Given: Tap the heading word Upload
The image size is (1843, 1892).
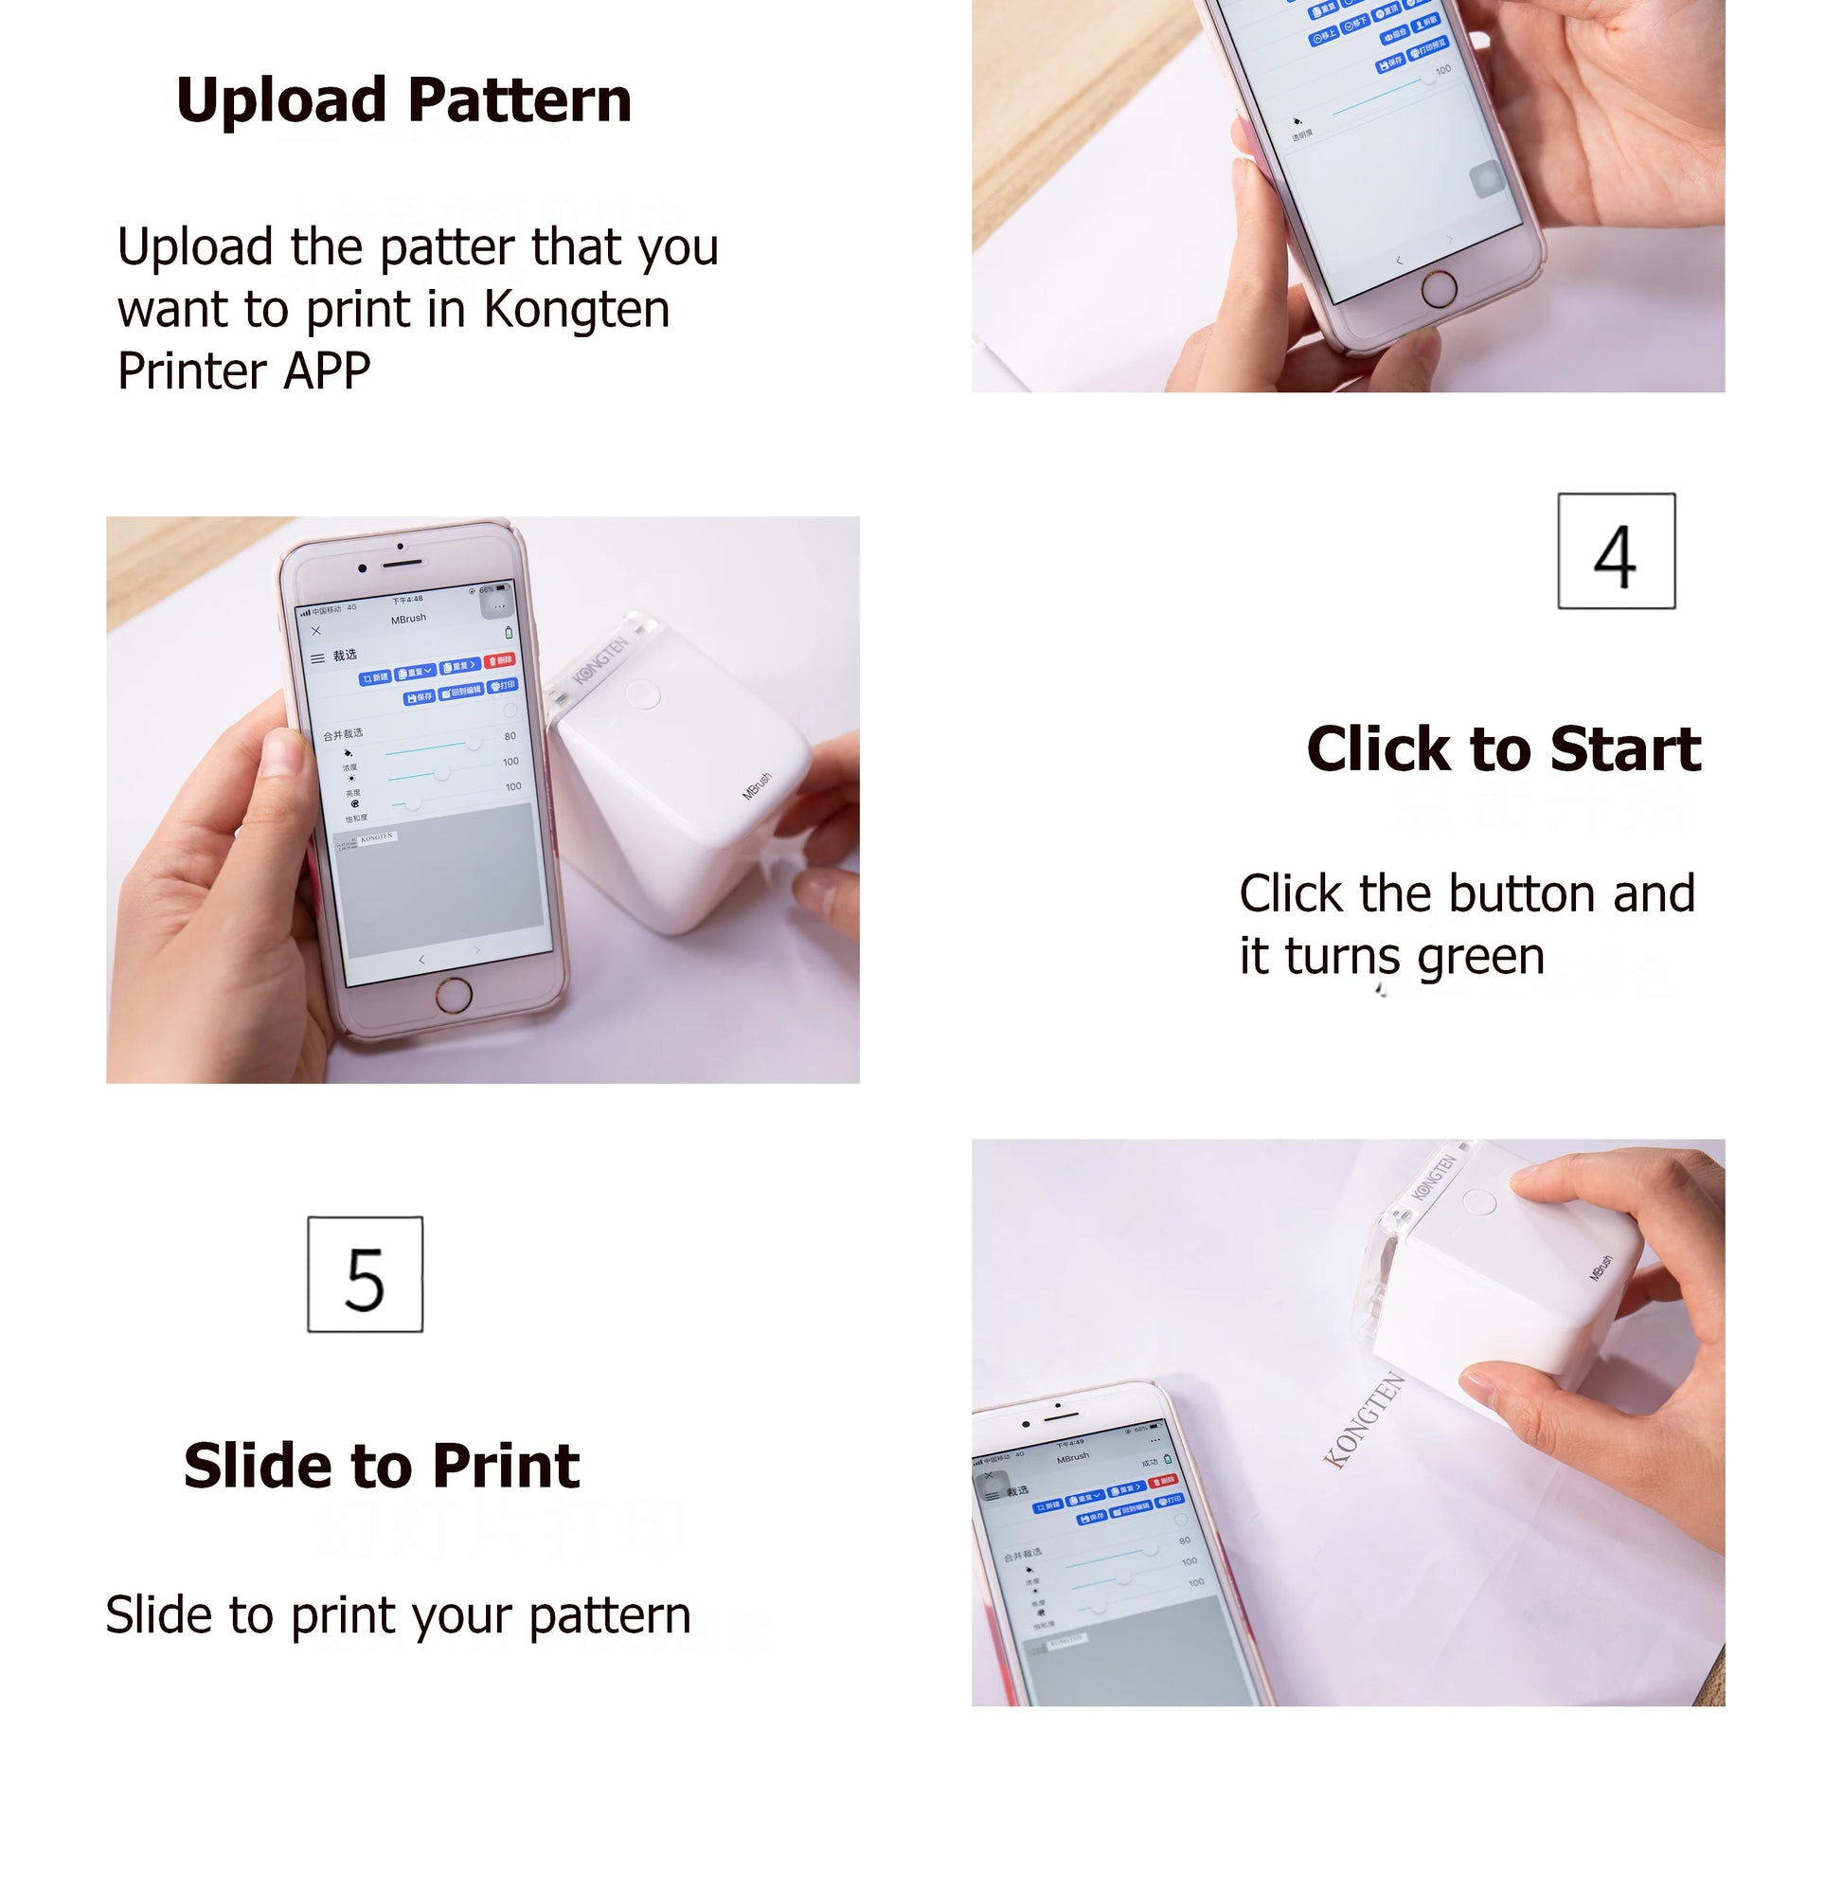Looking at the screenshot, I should tap(280, 100).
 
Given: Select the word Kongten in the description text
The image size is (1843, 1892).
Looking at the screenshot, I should tap(576, 310).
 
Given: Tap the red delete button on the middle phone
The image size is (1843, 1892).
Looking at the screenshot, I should tap(500, 660).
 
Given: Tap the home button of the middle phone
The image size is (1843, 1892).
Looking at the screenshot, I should tap(453, 995).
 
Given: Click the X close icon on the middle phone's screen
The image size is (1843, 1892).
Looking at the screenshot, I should tap(315, 630).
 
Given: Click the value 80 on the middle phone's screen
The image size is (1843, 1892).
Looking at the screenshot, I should tap(510, 736).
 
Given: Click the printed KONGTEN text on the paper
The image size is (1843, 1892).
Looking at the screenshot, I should tap(1364, 1419).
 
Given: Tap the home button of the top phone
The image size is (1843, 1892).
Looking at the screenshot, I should tap(1439, 288).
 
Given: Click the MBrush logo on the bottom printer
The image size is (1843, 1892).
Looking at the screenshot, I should tap(1601, 1268).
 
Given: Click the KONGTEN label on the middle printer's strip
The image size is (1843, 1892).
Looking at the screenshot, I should tap(600, 661).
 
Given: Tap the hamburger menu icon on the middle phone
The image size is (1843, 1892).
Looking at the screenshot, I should tap(316, 658).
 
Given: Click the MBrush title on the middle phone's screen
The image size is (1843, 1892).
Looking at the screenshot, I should tap(407, 619).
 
